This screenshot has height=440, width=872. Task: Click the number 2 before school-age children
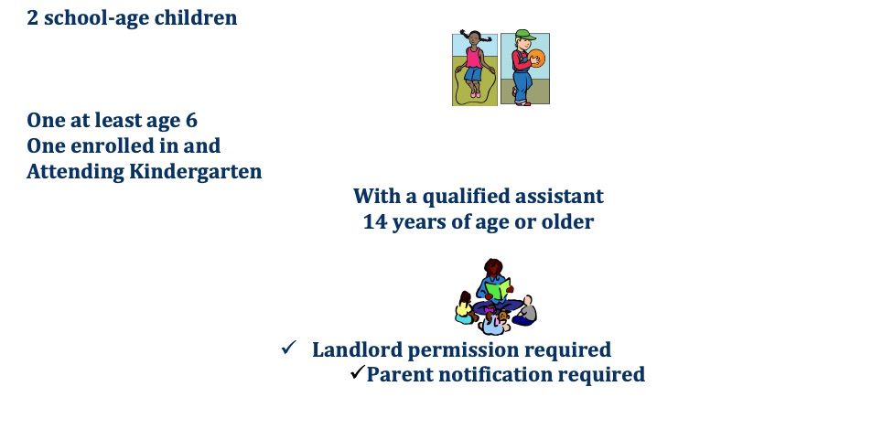32,17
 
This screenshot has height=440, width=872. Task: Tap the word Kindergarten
195,171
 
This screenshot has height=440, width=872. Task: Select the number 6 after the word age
191,120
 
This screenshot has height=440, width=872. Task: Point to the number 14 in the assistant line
375,222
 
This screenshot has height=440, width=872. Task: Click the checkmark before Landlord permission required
288,348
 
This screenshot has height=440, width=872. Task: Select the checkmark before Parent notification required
358,371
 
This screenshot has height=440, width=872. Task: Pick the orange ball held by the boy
537,58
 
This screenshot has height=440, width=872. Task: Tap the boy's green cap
524,35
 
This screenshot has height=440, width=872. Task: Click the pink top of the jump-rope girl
474,58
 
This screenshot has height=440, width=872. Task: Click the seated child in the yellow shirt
464,308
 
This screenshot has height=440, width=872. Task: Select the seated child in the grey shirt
525,311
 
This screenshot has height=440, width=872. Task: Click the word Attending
75,171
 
